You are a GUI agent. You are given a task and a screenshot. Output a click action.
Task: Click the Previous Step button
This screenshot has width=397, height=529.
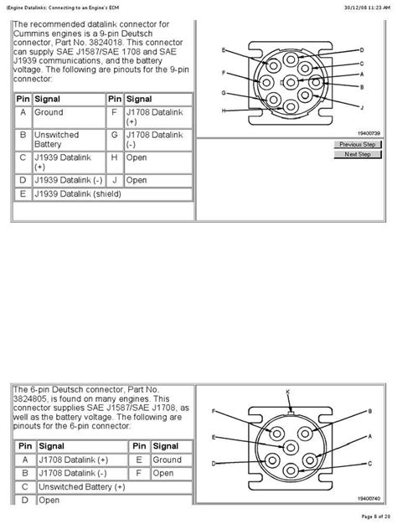(x=358, y=145)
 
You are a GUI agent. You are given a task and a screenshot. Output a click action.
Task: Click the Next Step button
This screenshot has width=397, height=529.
(x=358, y=154)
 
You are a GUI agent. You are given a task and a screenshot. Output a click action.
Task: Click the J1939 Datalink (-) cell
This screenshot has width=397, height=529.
(x=69, y=180)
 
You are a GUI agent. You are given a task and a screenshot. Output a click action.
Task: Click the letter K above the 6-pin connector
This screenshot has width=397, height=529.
(x=288, y=392)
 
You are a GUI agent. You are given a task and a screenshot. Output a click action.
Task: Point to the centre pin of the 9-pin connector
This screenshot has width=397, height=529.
(x=291, y=82)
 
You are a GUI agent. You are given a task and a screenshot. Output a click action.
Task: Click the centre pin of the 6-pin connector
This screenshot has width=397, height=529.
(x=291, y=447)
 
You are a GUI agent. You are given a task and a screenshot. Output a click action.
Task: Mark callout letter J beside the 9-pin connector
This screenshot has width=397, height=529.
(x=362, y=107)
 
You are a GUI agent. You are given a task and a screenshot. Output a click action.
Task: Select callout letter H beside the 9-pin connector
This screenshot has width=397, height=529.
(x=224, y=110)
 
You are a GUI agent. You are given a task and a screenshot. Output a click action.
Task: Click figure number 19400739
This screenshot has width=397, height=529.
(x=369, y=133)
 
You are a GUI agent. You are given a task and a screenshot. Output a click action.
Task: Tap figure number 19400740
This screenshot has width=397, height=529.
(x=369, y=498)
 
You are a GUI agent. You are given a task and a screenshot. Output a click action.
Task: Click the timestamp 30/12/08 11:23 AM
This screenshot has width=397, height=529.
(x=367, y=7)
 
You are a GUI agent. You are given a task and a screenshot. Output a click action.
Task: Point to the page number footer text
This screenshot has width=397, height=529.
(x=376, y=516)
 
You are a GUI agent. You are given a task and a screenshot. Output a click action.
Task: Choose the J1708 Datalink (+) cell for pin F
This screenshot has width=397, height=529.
(x=158, y=117)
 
